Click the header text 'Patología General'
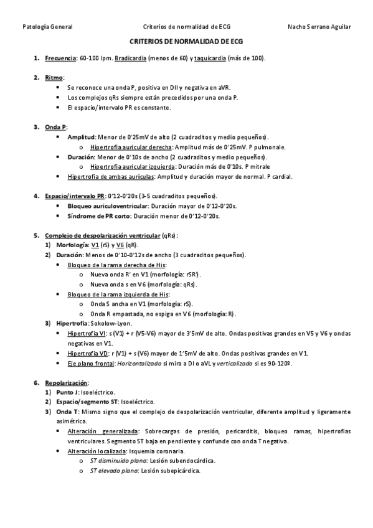47,27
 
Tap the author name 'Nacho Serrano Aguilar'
319,27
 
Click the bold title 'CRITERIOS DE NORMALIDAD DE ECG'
186,41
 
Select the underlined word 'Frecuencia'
60,58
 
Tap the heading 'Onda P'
56,127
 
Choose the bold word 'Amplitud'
81,137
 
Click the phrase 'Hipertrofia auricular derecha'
132,147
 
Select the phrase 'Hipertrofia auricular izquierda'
133,167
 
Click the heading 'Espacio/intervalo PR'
75,196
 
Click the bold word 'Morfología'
72,245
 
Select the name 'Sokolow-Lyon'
111,324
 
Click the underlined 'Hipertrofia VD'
88,353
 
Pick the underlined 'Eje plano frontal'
92,363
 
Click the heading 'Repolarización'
67,382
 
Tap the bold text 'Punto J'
68,392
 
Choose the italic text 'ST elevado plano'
114,471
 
